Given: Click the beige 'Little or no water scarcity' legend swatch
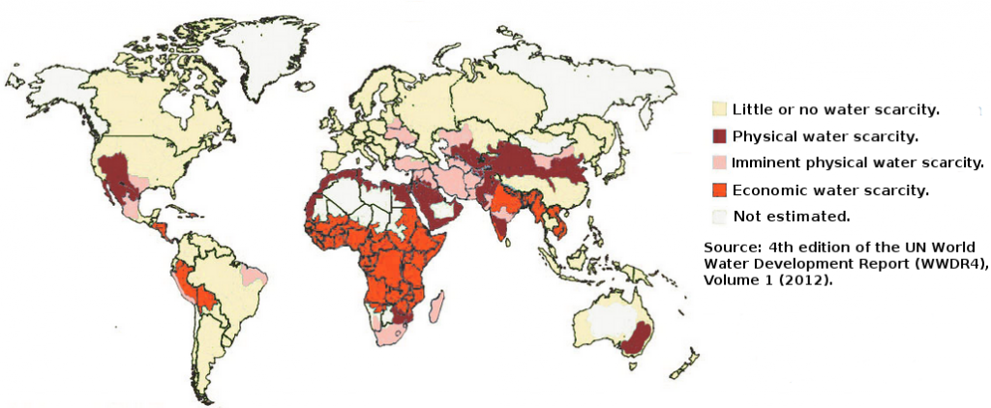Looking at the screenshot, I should pyautogui.click(x=718, y=108).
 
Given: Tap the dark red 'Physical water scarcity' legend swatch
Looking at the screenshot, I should pyautogui.click(x=718, y=135).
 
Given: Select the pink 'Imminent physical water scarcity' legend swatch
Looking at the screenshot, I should pyautogui.click(x=718, y=162).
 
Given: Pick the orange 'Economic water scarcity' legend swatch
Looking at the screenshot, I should pyautogui.click(x=718, y=189).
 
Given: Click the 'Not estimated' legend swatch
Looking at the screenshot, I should pyautogui.click(x=718, y=216).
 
